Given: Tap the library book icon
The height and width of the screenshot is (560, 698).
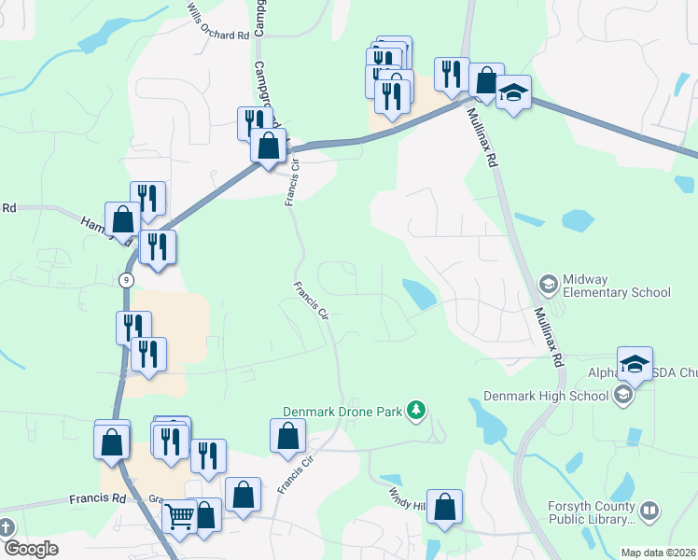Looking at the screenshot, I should pyautogui.click(x=649, y=511).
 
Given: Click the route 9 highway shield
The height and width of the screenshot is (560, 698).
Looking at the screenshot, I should pyautogui.click(x=126, y=280).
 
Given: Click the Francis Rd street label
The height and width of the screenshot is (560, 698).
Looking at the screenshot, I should pyautogui.click(x=97, y=499).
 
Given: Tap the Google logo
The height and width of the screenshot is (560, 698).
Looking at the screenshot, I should pyautogui.click(x=31, y=549).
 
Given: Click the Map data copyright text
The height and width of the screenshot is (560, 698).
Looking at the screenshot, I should pyautogui.click(x=659, y=553).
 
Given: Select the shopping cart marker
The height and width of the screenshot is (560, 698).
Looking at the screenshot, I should pyautogui.click(x=179, y=516).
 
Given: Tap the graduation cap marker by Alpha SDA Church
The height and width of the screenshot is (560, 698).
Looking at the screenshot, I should pyautogui.click(x=635, y=364).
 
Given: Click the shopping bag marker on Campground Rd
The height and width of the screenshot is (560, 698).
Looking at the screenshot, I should pyautogui.click(x=268, y=146).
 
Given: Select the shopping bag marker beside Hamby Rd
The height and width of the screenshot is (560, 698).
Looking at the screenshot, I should pyautogui.click(x=123, y=220).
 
